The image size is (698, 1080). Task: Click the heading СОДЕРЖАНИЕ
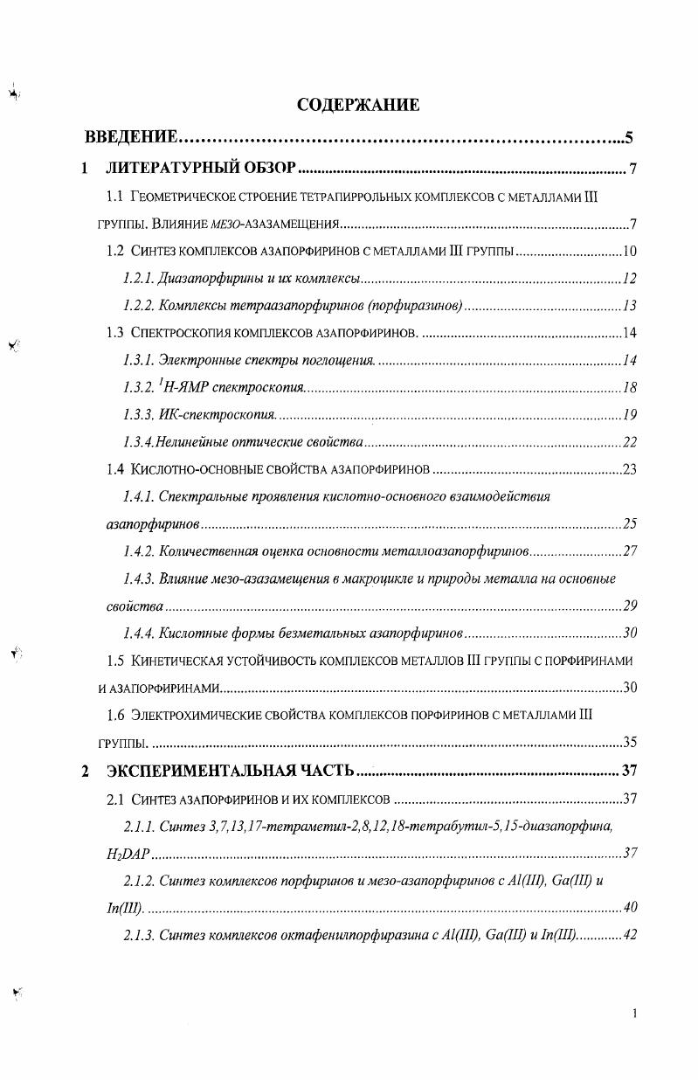[x=358, y=106]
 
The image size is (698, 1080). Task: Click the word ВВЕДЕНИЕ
[x=132, y=138]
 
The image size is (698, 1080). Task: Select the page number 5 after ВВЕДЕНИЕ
[x=629, y=138]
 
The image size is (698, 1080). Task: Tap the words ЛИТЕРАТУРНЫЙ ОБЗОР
[x=203, y=168]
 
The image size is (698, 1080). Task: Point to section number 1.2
[x=115, y=252]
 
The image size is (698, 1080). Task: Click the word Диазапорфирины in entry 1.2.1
[x=202, y=279]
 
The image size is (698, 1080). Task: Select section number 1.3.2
[x=139, y=387]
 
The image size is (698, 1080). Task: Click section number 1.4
[x=115, y=470]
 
